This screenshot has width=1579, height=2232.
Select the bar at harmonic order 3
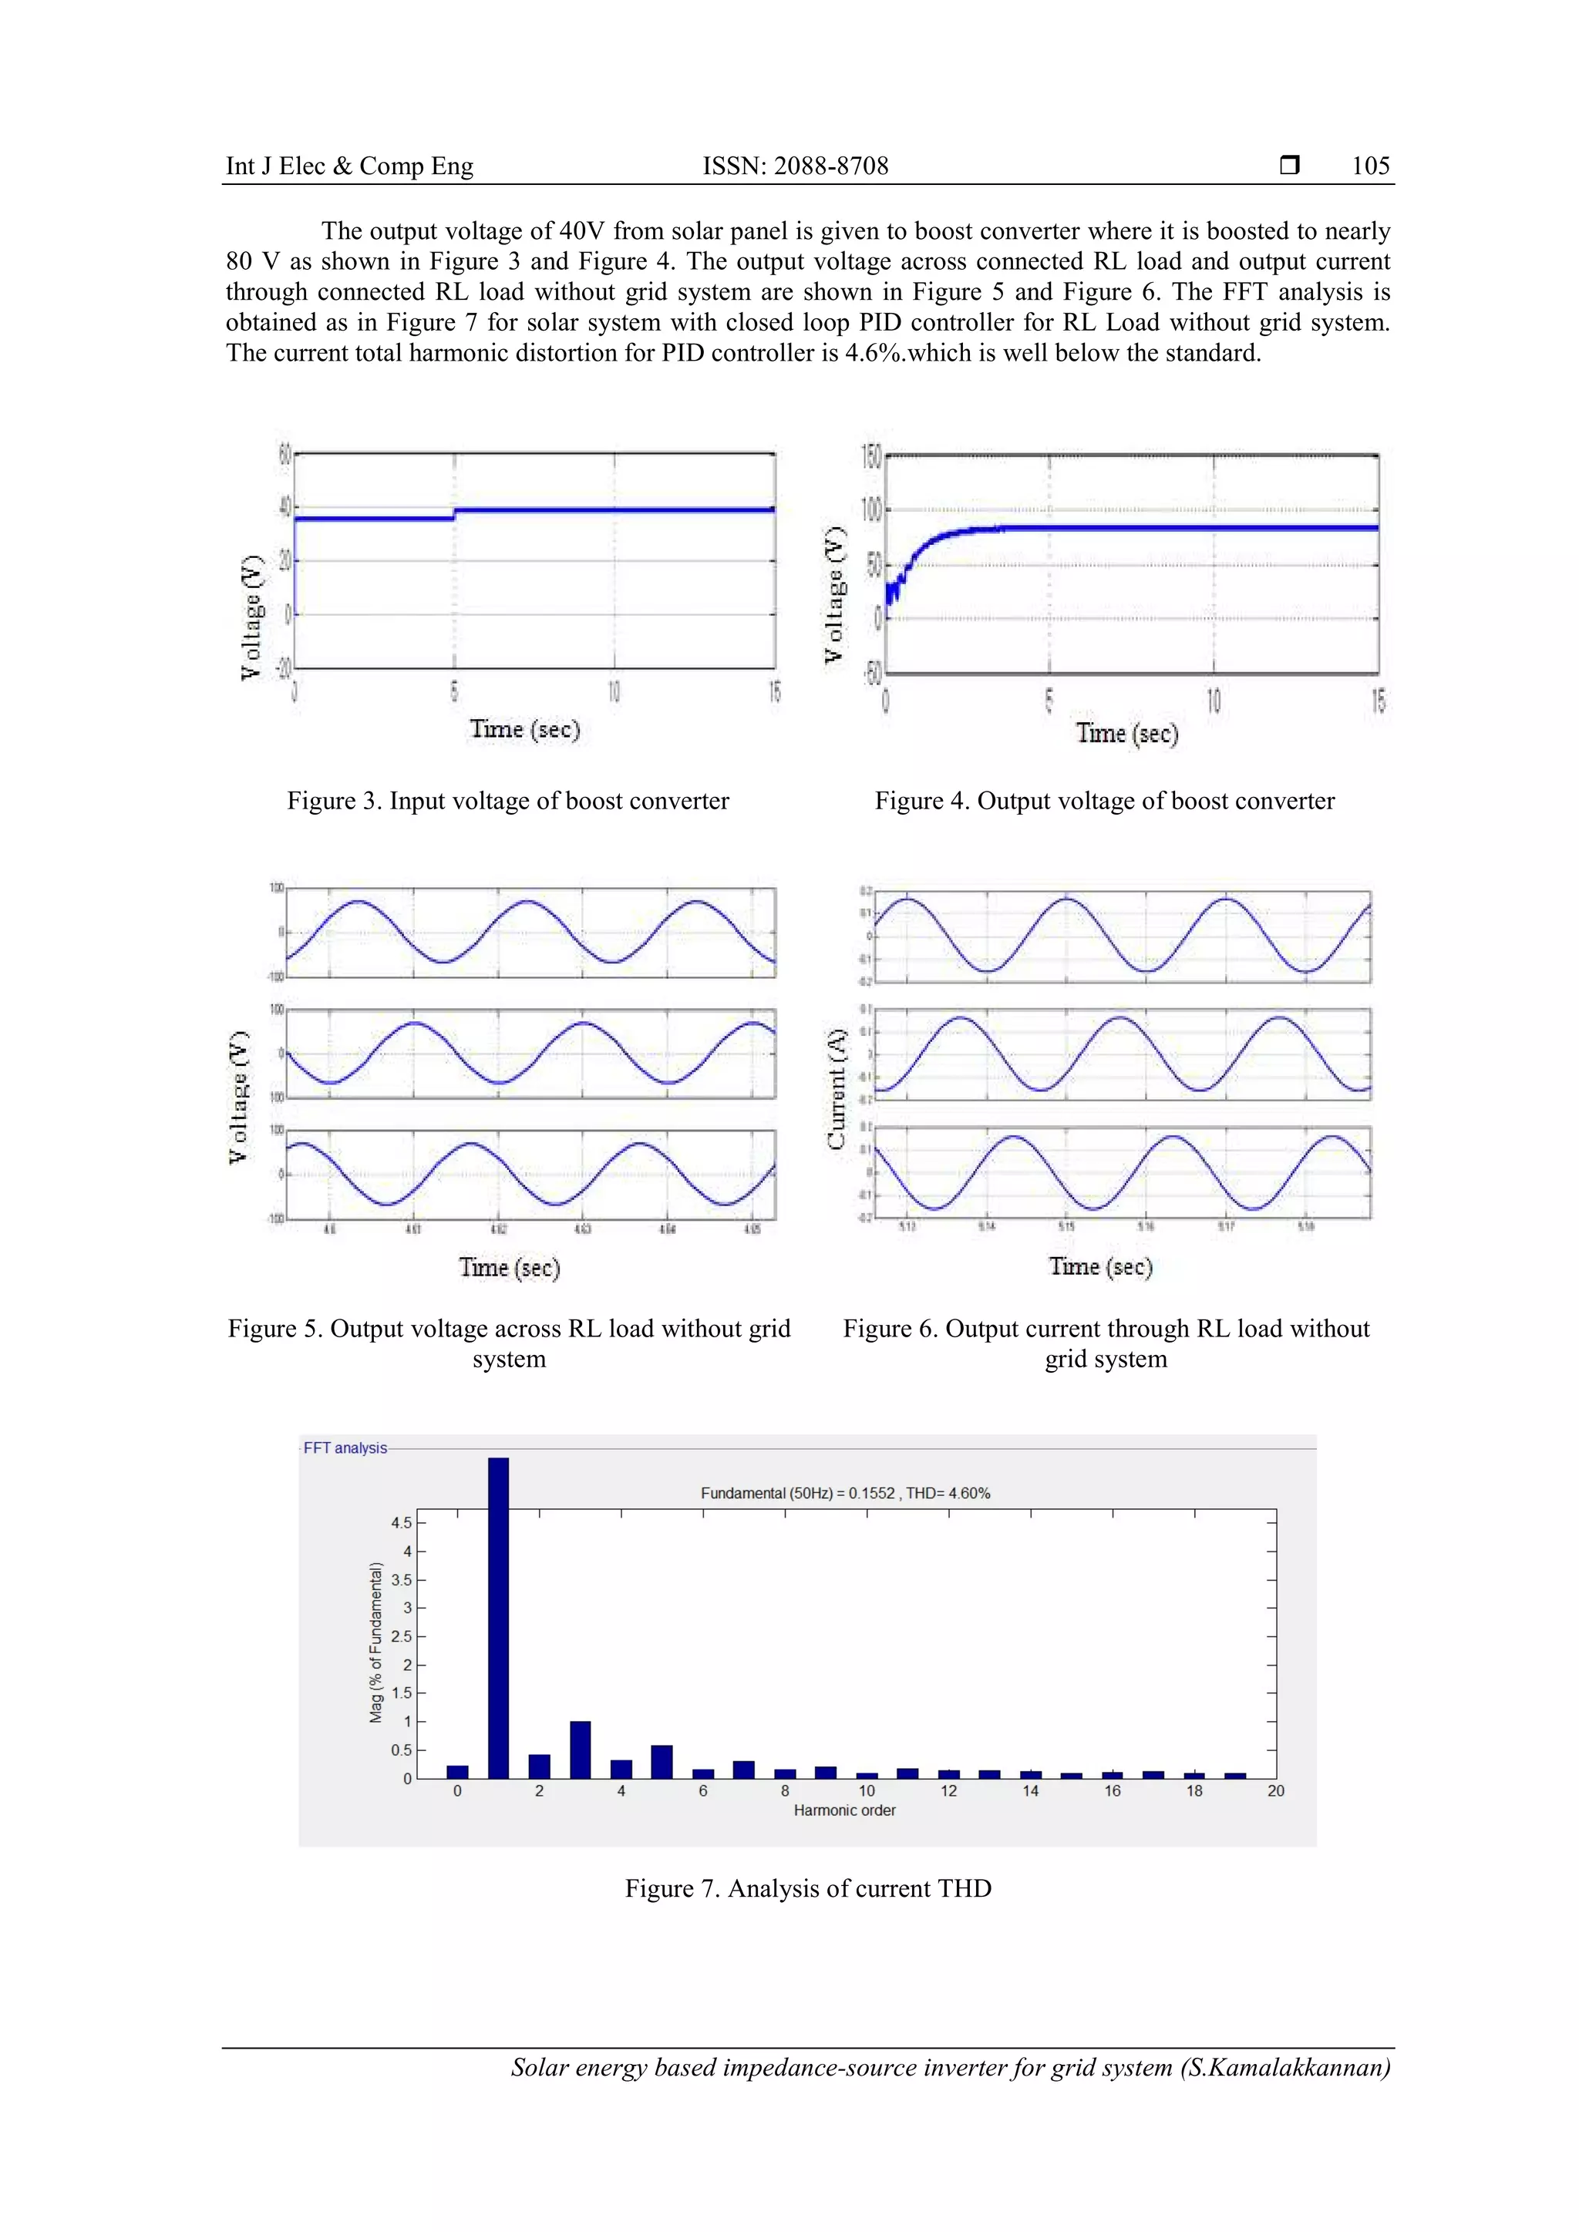pyautogui.click(x=581, y=1749)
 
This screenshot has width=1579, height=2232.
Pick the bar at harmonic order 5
pyautogui.click(x=662, y=1762)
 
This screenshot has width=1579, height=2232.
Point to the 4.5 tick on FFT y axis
pyautogui.click(x=401, y=1523)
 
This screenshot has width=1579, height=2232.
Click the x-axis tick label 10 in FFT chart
pyautogui.click(x=867, y=1790)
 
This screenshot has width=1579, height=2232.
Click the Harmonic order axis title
pyautogui.click(x=844, y=1810)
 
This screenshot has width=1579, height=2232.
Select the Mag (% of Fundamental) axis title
pyautogui.click(x=376, y=1643)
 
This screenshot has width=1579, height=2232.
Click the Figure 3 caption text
pyautogui.click(x=507, y=801)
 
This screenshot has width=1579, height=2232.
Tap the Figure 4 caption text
pyautogui.click(x=1105, y=801)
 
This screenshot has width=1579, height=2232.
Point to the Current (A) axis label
pyautogui.click(x=837, y=1089)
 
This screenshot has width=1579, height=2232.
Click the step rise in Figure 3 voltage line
pyautogui.click(x=454, y=513)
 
